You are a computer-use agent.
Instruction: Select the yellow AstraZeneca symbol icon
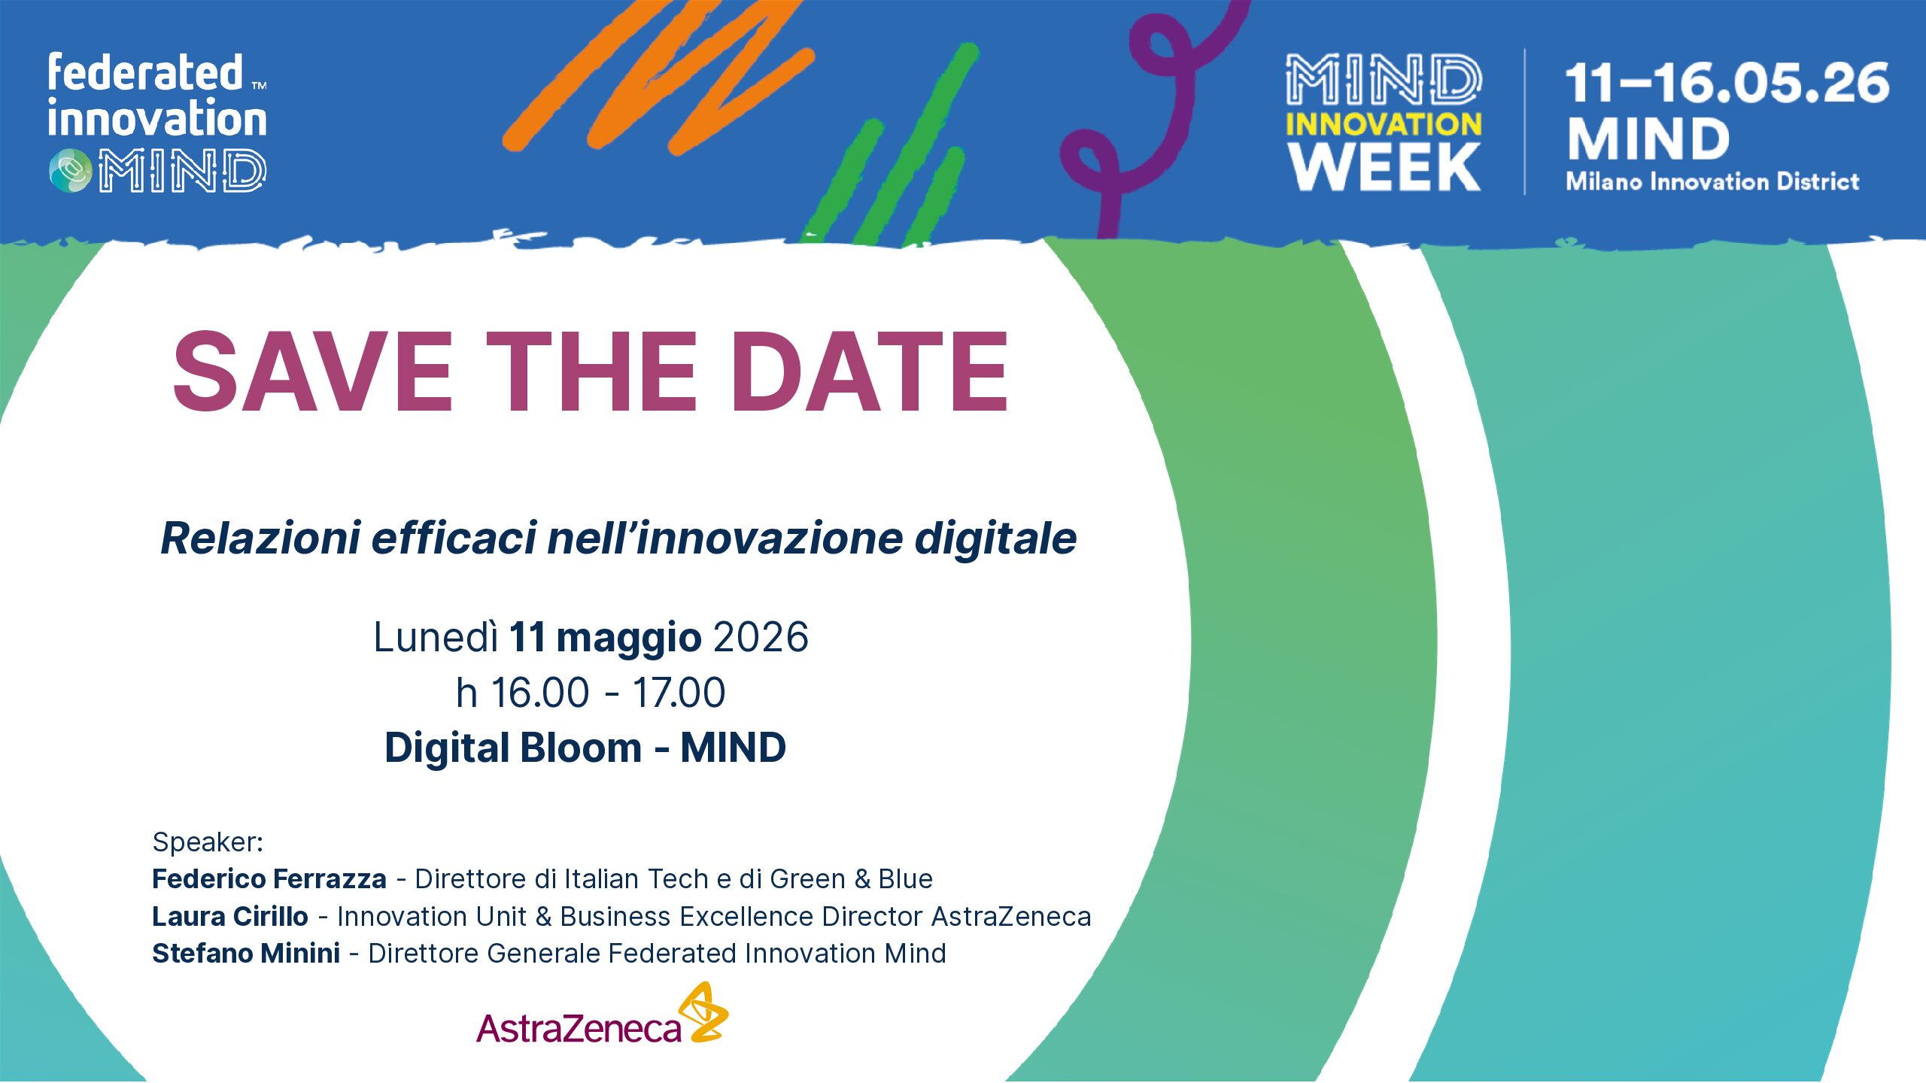pos(703,1012)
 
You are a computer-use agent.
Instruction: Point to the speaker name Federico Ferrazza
pos(269,878)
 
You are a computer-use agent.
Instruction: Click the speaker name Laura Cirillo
pos(230,916)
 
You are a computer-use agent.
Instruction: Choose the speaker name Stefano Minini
pos(246,953)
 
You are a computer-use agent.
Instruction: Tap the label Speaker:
pos(208,842)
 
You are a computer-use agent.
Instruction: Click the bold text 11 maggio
pos(606,638)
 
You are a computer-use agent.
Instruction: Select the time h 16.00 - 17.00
pos(591,692)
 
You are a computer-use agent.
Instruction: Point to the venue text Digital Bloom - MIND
pos(585,748)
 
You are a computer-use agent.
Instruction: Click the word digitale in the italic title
pos(995,538)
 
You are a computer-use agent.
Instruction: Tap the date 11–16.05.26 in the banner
pos(1727,83)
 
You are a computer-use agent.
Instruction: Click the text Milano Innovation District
pos(1712,181)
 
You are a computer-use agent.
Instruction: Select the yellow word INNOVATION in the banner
pos(1384,124)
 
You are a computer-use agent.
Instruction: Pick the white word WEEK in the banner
pos(1384,167)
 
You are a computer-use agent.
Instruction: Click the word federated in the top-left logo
pos(145,73)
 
